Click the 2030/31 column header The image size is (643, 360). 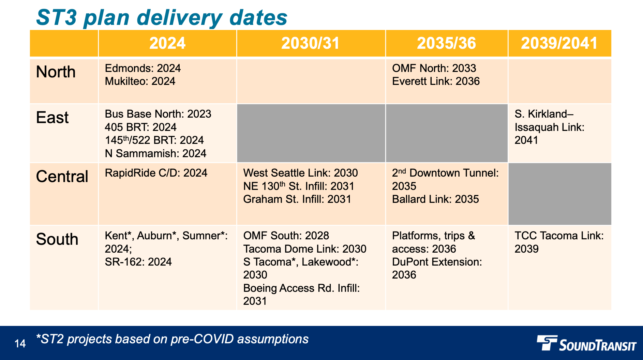[x=310, y=43]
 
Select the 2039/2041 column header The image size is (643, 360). [x=559, y=43]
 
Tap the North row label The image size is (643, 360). [x=56, y=72]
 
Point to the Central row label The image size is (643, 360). [x=62, y=177]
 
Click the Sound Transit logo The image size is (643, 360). [x=586, y=344]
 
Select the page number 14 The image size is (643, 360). [x=20, y=343]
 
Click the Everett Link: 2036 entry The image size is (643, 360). [x=436, y=81]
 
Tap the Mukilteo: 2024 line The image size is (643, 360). [x=140, y=81]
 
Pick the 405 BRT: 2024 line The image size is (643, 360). [x=140, y=127]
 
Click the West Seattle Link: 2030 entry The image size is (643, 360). [x=300, y=173]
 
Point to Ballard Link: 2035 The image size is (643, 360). [x=435, y=199]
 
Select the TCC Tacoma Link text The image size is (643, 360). [x=559, y=236]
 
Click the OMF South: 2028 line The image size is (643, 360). [x=286, y=236]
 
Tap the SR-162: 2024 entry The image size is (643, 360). [x=138, y=262]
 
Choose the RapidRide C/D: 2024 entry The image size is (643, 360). [x=156, y=173]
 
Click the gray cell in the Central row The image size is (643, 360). [x=559, y=194]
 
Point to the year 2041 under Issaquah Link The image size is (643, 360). [x=526, y=140]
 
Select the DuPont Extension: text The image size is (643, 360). [x=437, y=262]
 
